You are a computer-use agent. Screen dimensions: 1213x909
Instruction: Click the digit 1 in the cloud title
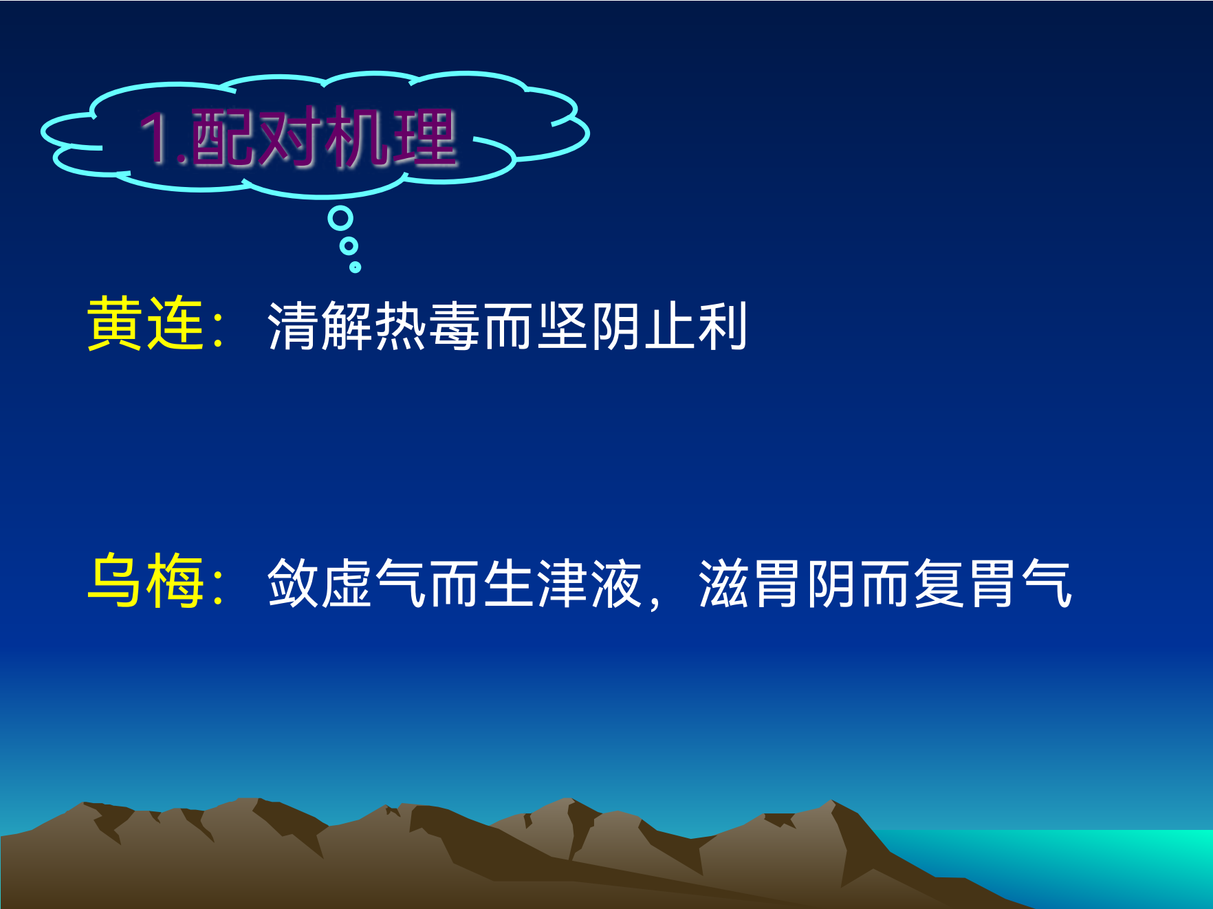pos(155,138)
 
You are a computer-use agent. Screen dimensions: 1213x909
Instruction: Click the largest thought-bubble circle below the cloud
pos(340,219)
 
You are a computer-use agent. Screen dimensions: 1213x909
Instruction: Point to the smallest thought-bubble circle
pos(355,267)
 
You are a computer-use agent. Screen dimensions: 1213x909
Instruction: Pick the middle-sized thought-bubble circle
pos(349,245)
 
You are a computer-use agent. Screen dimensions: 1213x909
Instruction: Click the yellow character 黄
pos(115,324)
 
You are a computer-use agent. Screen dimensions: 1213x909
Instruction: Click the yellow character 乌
pos(115,581)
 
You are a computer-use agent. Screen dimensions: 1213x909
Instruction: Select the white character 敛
pos(294,583)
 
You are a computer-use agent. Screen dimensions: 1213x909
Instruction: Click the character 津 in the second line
pos(562,583)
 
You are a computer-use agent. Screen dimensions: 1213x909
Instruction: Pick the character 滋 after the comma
pos(724,583)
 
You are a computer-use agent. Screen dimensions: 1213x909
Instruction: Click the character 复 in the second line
pos(939,583)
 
